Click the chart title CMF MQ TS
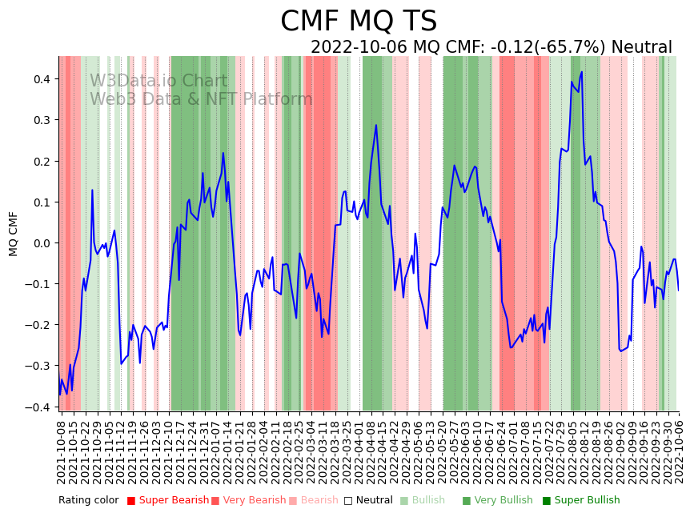[359, 22]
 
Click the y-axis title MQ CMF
[14, 234]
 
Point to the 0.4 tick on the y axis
[40, 79]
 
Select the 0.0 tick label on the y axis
[40, 243]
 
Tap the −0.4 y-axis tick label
[37, 407]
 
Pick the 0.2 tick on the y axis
[40, 161]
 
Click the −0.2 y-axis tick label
[37, 325]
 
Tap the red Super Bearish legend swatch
[131, 501]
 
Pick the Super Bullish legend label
[587, 501]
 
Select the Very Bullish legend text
[503, 501]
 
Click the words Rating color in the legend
[88, 501]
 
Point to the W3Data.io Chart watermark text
[158, 82]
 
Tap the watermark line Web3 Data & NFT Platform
[201, 99]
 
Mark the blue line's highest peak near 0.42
[582, 72]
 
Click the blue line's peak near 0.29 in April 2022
[375, 125]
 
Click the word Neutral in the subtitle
[644, 47]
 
